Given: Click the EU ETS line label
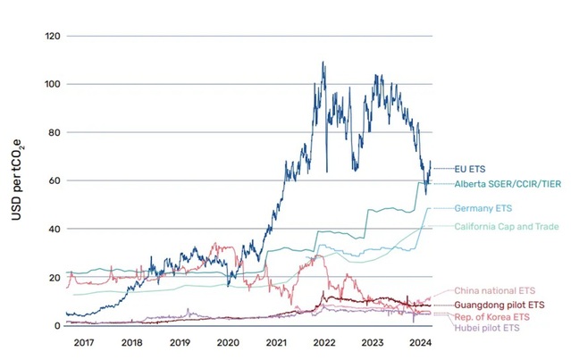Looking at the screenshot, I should coord(470,168).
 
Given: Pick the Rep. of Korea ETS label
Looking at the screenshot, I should coord(491,317).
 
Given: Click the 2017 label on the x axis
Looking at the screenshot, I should coord(83,342).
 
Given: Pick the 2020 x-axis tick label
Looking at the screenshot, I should coord(228,342).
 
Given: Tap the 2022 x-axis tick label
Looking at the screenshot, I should coord(324,342).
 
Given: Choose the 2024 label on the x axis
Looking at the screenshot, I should coord(421,342).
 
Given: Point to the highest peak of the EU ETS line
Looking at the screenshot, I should coord(323,62).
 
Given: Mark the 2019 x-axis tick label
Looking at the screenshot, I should coord(180,342).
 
